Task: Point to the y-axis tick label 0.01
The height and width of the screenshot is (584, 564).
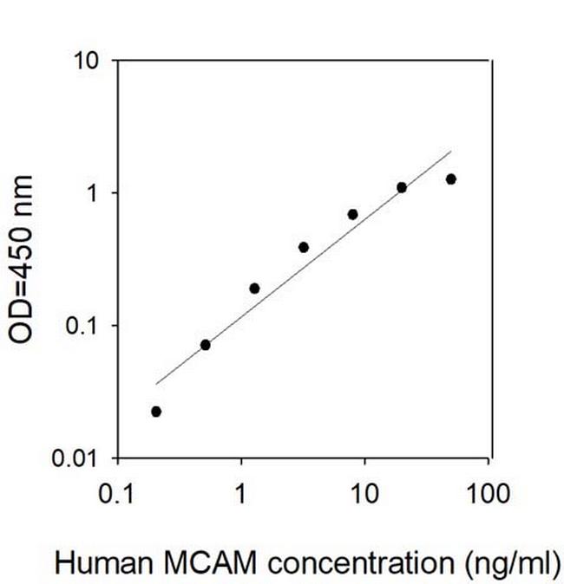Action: pos(83,457)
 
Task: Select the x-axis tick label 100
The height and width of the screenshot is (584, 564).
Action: pos(488,496)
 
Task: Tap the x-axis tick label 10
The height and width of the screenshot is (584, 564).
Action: pos(364,496)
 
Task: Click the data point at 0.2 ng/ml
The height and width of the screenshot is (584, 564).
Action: pos(156,412)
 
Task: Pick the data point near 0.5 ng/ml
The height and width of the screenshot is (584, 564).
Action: pos(206,345)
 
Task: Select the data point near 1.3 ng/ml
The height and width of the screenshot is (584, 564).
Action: pos(254,289)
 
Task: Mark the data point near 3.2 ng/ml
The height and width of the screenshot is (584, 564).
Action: pos(304,247)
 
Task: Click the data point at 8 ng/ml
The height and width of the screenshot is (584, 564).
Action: pos(353,214)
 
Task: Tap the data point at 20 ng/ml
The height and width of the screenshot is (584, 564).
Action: pos(402,187)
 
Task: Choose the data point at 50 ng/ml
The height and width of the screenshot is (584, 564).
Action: pos(451,179)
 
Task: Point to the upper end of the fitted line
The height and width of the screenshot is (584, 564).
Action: pos(451,152)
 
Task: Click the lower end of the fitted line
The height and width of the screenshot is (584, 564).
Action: pos(156,383)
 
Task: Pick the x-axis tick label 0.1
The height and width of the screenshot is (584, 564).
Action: pos(117,496)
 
